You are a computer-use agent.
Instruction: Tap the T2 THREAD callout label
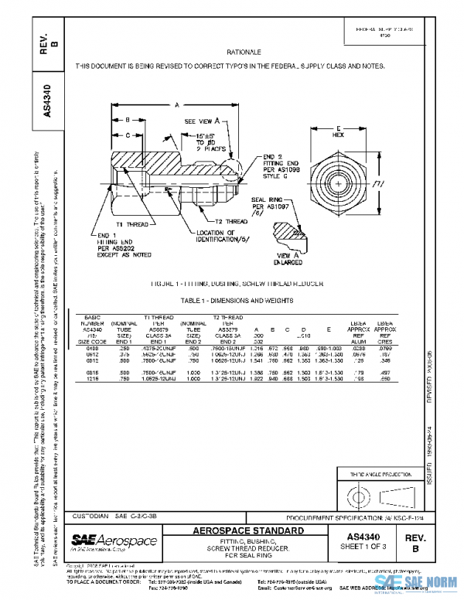231,221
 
